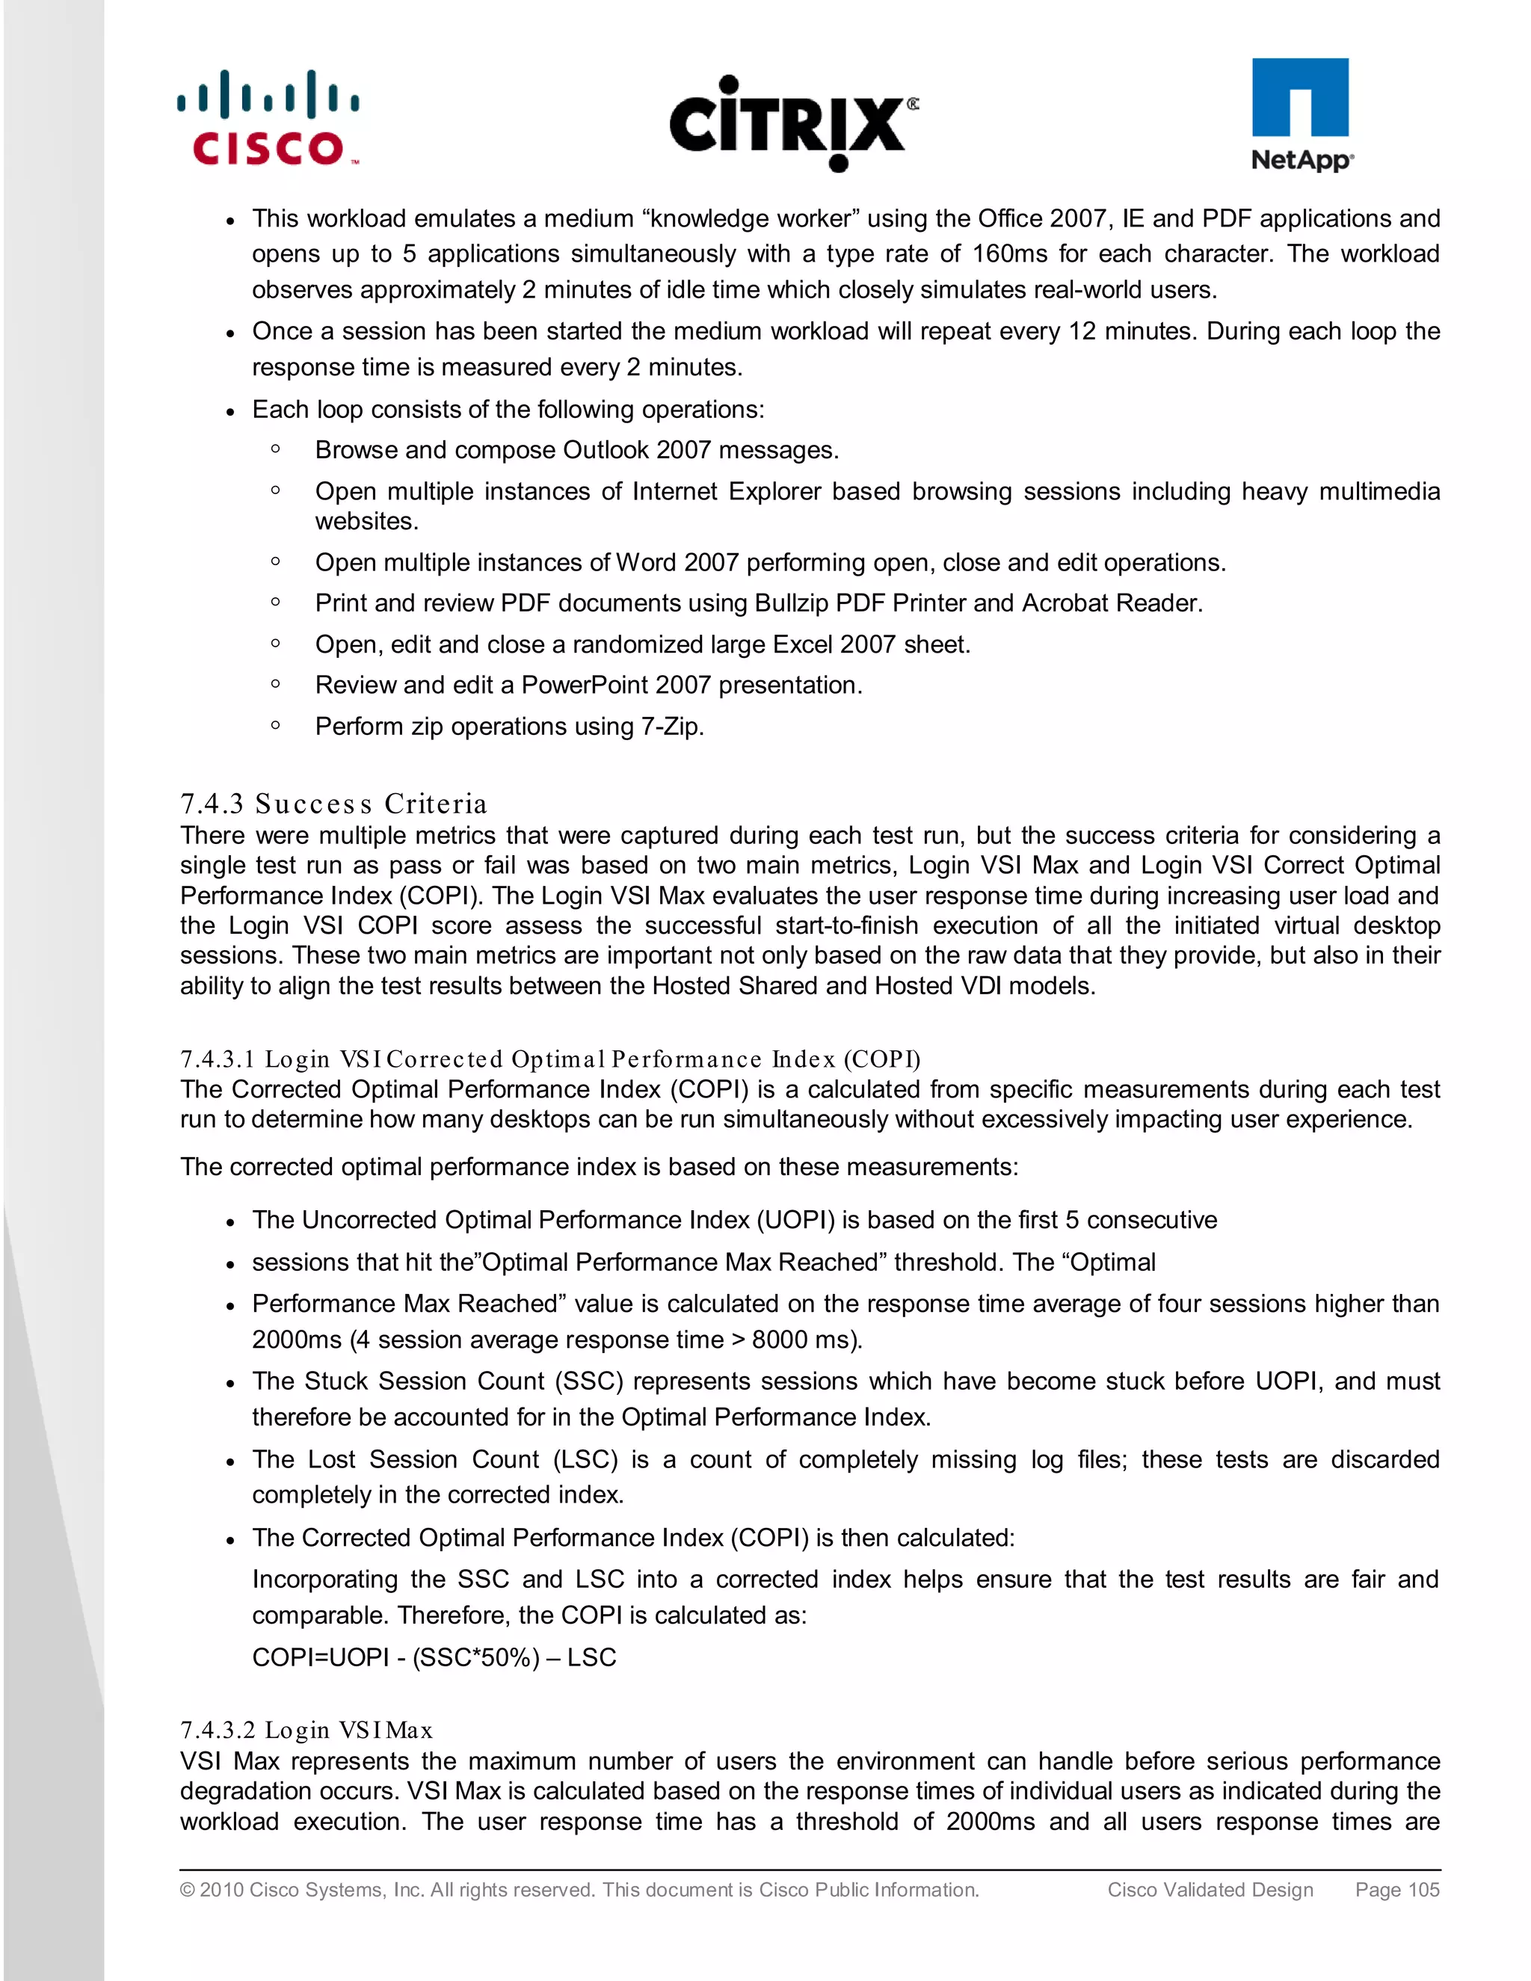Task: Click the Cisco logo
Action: pos(268,118)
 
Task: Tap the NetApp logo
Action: pos(1301,115)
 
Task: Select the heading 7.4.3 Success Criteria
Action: pos(333,804)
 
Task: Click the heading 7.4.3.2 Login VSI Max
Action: pos(306,1730)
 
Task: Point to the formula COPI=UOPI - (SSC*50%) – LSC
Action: pos(434,1657)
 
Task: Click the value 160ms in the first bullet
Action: pos(1009,254)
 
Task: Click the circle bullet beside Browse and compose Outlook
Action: pos(276,448)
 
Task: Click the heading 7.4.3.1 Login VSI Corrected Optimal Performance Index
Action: pos(549,1059)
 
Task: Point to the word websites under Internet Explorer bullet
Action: pos(366,522)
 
